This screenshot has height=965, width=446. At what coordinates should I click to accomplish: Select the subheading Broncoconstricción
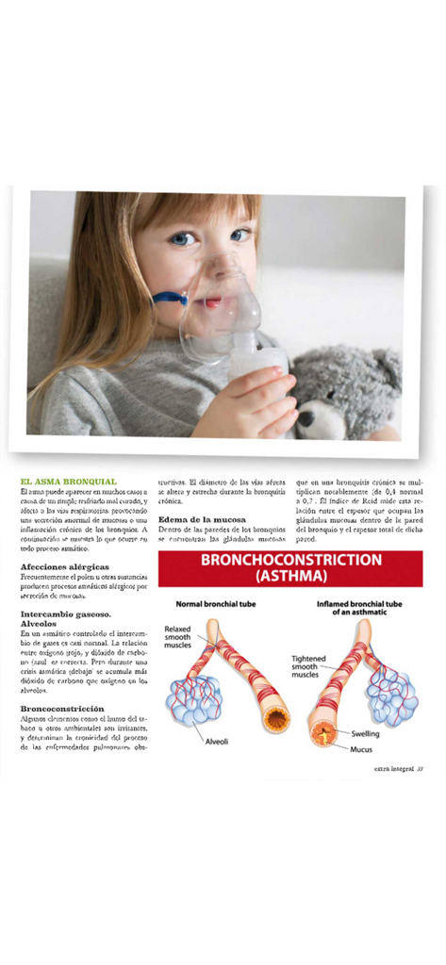tap(62, 708)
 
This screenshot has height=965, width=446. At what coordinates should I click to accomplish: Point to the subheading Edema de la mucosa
tap(202, 519)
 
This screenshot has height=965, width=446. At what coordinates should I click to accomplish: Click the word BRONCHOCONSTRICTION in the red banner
tap(290, 560)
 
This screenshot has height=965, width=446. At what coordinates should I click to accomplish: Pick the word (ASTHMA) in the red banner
tap(290, 575)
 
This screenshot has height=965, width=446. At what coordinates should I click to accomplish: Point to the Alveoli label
tap(217, 742)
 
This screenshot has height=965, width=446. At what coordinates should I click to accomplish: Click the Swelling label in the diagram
tap(366, 733)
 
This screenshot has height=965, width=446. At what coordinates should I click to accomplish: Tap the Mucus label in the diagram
tap(362, 749)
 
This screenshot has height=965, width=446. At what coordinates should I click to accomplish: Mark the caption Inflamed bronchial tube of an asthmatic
tap(359, 607)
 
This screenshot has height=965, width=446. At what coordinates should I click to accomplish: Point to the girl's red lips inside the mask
tap(211, 303)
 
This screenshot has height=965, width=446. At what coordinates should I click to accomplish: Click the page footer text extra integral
tap(394, 768)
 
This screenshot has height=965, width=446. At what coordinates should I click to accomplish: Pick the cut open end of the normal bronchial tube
tap(276, 720)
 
